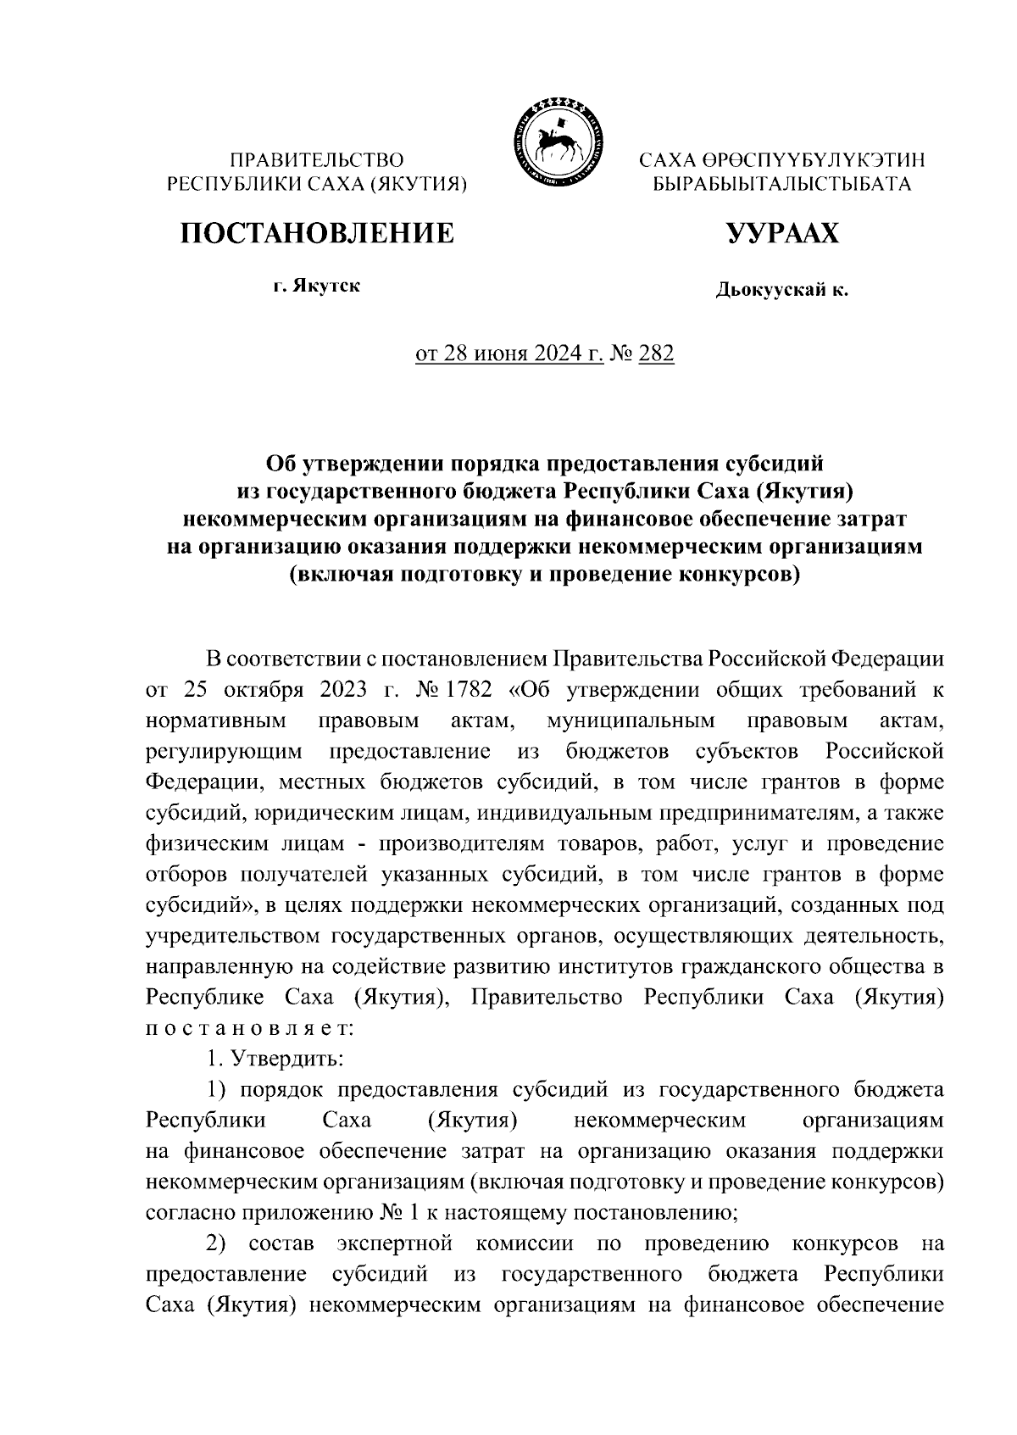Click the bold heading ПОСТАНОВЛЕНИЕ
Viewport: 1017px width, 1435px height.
tap(315, 232)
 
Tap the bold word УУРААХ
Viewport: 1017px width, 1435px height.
tap(781, 232)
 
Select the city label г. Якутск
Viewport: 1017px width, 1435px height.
tap(316, 286)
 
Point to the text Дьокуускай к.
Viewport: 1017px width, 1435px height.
tap(781, 292)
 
